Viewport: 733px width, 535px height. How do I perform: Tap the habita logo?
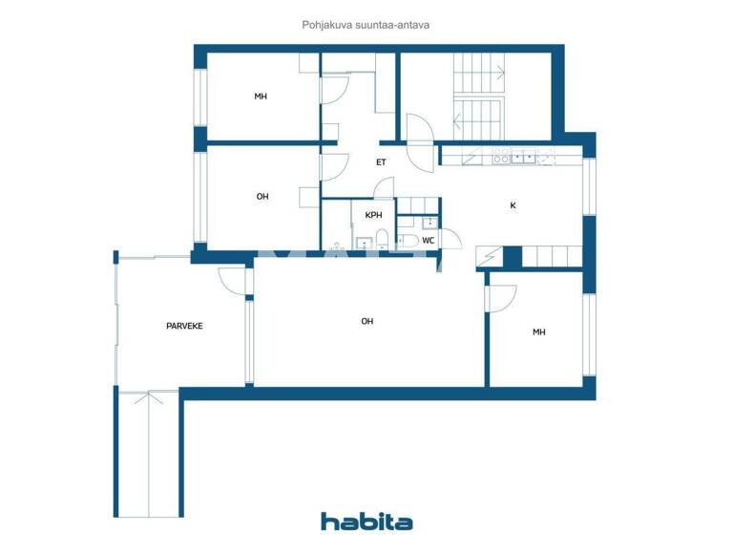pyautogui.click(x=366, y=521)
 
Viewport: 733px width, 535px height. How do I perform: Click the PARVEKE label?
pyautogui.click(x=184, y=326)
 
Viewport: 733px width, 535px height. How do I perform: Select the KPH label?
pyautogui.click(x=373, y=215)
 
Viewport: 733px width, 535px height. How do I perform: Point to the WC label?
pyautogui.click(x=429, y=240)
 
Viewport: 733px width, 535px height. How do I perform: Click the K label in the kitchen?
pyautogui.click(x=513, y=204)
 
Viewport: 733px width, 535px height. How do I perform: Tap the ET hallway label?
pyautogui.click(x=381, y=161)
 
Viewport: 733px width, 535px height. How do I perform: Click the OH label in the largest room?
pyautogui.click(x=366, y=321)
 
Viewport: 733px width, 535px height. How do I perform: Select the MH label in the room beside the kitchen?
pyautogui.click(x=538, y=332)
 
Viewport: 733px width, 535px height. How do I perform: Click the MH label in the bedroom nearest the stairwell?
pyautogui.click(x=261, y=96)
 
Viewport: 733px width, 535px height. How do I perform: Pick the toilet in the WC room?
pyautogui.click(x=407, y=241)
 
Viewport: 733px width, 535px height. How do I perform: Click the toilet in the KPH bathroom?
pyautogui.click(x=381, y=239)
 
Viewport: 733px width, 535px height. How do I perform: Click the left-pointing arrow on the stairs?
pyautogui.click(x=458, y=120)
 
